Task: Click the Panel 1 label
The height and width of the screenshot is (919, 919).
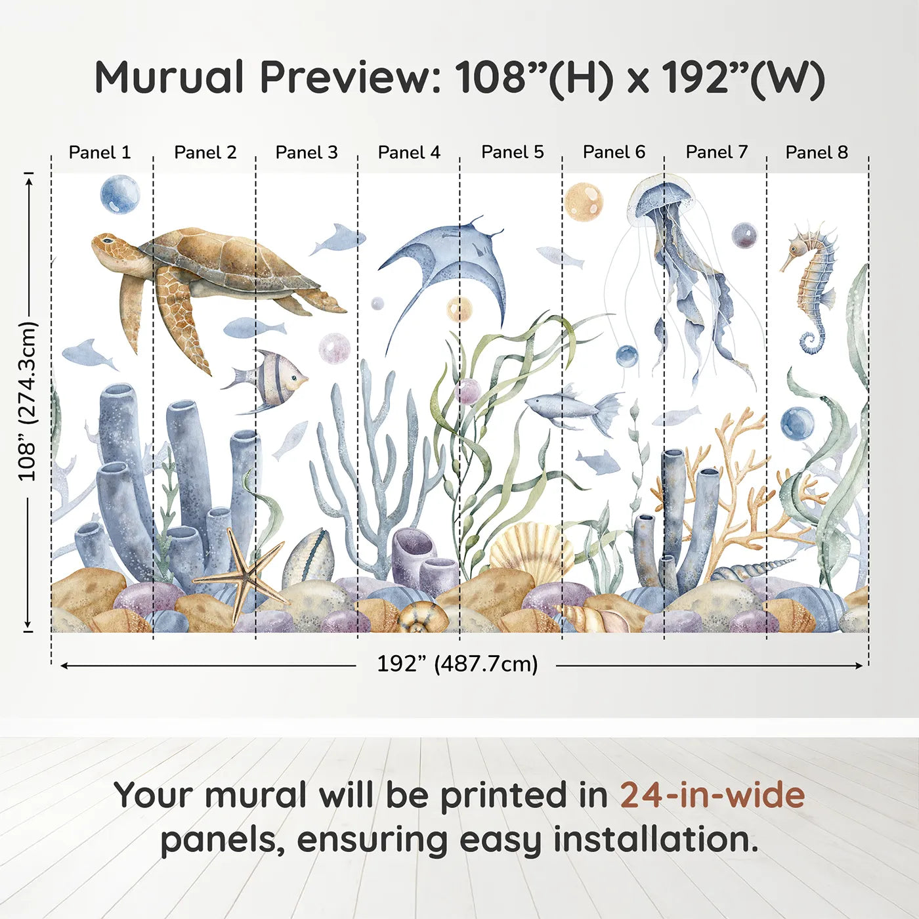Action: (x=100, y=152)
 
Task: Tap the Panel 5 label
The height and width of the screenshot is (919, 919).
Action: (x=512, y=152)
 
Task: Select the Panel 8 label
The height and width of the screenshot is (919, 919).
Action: (x=817, y=152)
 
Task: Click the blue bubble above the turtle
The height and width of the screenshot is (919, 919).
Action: (x=120, y=194)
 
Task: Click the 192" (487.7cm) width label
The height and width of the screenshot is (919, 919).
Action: (x=457, y=664)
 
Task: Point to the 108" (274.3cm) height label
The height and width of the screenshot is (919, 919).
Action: (x=28, y=401)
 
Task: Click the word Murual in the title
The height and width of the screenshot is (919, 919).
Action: (x=169, y=77)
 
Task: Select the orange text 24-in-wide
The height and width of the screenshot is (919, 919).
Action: (x=712, y=796)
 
